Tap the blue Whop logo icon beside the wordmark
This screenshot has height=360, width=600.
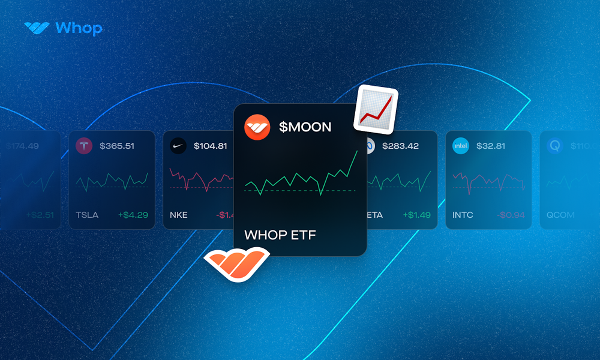[x=37, y=28]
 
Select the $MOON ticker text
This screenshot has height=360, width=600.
[x=305, y=127]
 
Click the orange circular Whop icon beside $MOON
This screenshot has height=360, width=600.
[x=257, y=127]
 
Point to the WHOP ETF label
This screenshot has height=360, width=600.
[x=280, y=235]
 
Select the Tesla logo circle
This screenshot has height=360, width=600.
[x=84, y=146]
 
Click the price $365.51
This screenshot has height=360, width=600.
[x=117, y=146]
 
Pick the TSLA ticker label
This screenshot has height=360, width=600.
[x=88, y=215]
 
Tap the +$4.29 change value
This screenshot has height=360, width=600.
[x=133, y=215]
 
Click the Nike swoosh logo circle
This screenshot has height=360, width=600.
[x=178, y=146]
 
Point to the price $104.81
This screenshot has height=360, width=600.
[x=211, y=146]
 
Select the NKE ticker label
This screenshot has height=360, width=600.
[x=179, y=215]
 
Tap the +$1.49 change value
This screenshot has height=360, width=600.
[x=416, y=215]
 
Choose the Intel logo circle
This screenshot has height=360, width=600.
[x=461, y=146]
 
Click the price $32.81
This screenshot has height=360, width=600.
[x=491, y=146]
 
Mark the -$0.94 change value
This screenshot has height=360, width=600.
[x=511, y=215]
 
